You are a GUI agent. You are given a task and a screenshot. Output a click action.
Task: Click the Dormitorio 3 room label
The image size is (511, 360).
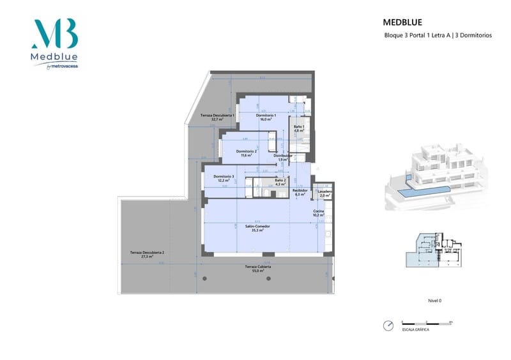tap(224, 177)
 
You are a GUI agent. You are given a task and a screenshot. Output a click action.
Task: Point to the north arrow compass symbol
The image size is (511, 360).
tap(388, 326)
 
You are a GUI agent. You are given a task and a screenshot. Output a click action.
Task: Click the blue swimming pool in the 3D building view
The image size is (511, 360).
tap(422, 191)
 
